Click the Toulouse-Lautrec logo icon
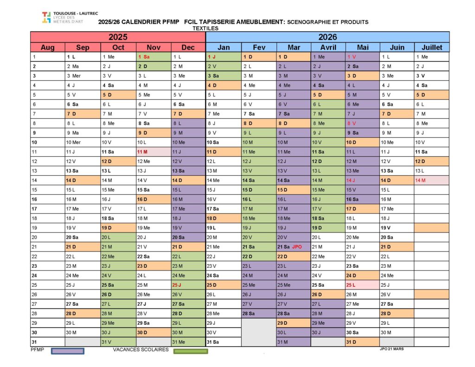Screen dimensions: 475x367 pyautogui.click(x=46, y=17)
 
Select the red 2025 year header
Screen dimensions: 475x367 pyautogui.click(x=118, y=37)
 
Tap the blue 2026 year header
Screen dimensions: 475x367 pyautogui.click(x=327, y=37)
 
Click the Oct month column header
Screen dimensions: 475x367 pyautogui.click(x=118, y=47)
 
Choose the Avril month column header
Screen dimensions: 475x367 pyautogui.click(x=328, y=47)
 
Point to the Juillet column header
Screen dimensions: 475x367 pyautogui.click(x=432, y=47)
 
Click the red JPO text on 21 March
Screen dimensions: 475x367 pyautogui.click(x=297, y=247)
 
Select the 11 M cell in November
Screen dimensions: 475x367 pyautogui.click(x=154, y=152)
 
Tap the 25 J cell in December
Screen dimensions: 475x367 pyautogui.click(x=188, y=285)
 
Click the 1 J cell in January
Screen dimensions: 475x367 pyautogui.click(x=224, y=57)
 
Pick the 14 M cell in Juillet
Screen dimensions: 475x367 pyautogui.click(x=432, y=180)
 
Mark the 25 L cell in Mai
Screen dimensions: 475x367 pyautogui.click(x=362, y=285)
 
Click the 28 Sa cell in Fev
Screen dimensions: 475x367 pyautogui.click(x=259, y=313)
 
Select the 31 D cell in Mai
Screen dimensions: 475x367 pyautogui.click(x=362, y=342)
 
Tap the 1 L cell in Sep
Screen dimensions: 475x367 pyautogui.click(x=83, y=57)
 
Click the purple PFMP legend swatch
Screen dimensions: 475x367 pyautogui.click(x=68, y=351)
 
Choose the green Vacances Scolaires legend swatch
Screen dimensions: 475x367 pyautogui.click(x=191, y=351)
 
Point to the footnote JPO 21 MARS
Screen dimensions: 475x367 pyautogui.click(x=392, y=349)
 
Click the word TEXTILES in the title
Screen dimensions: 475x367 pyautogui.click(x=205, y=28)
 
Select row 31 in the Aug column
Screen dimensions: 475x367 pyautogui.click(x=48, y=342)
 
